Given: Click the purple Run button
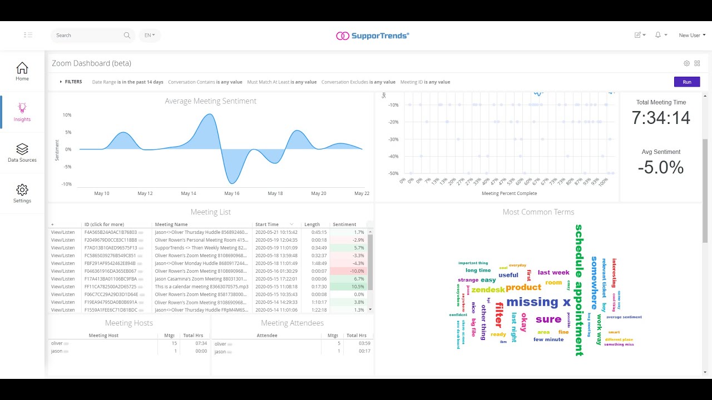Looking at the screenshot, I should (x=687, y=82).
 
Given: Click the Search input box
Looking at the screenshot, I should (x=89, y=36).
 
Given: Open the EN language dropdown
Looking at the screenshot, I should (x=150, y=36).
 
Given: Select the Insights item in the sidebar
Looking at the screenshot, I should (x=22, y=112).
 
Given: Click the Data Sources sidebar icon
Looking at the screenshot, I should (x=22, y=149).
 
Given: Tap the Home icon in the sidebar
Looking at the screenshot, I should (x=22, y=68).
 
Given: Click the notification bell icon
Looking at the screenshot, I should (x=658, y=35).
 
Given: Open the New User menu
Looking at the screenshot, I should (x=692, y=36).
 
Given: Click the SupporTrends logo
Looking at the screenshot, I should (x=373, y=36).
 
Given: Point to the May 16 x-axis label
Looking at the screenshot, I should (x=231, y=193).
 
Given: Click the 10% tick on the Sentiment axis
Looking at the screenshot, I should (x=67, y=115).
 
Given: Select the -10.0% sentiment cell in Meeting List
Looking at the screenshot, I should (x=349, y=271).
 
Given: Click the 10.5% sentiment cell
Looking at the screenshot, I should (x=349, y=287).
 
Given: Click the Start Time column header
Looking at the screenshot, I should (x=267, y=224).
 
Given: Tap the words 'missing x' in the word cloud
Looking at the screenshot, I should (x=538, y=302).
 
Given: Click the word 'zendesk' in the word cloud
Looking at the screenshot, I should (x=488, y=289).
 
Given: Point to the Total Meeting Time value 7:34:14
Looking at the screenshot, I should (x=661, y=118).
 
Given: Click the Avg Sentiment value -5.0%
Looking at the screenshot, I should (x=661, y=167).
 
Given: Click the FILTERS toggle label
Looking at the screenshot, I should (x=73, y=82).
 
